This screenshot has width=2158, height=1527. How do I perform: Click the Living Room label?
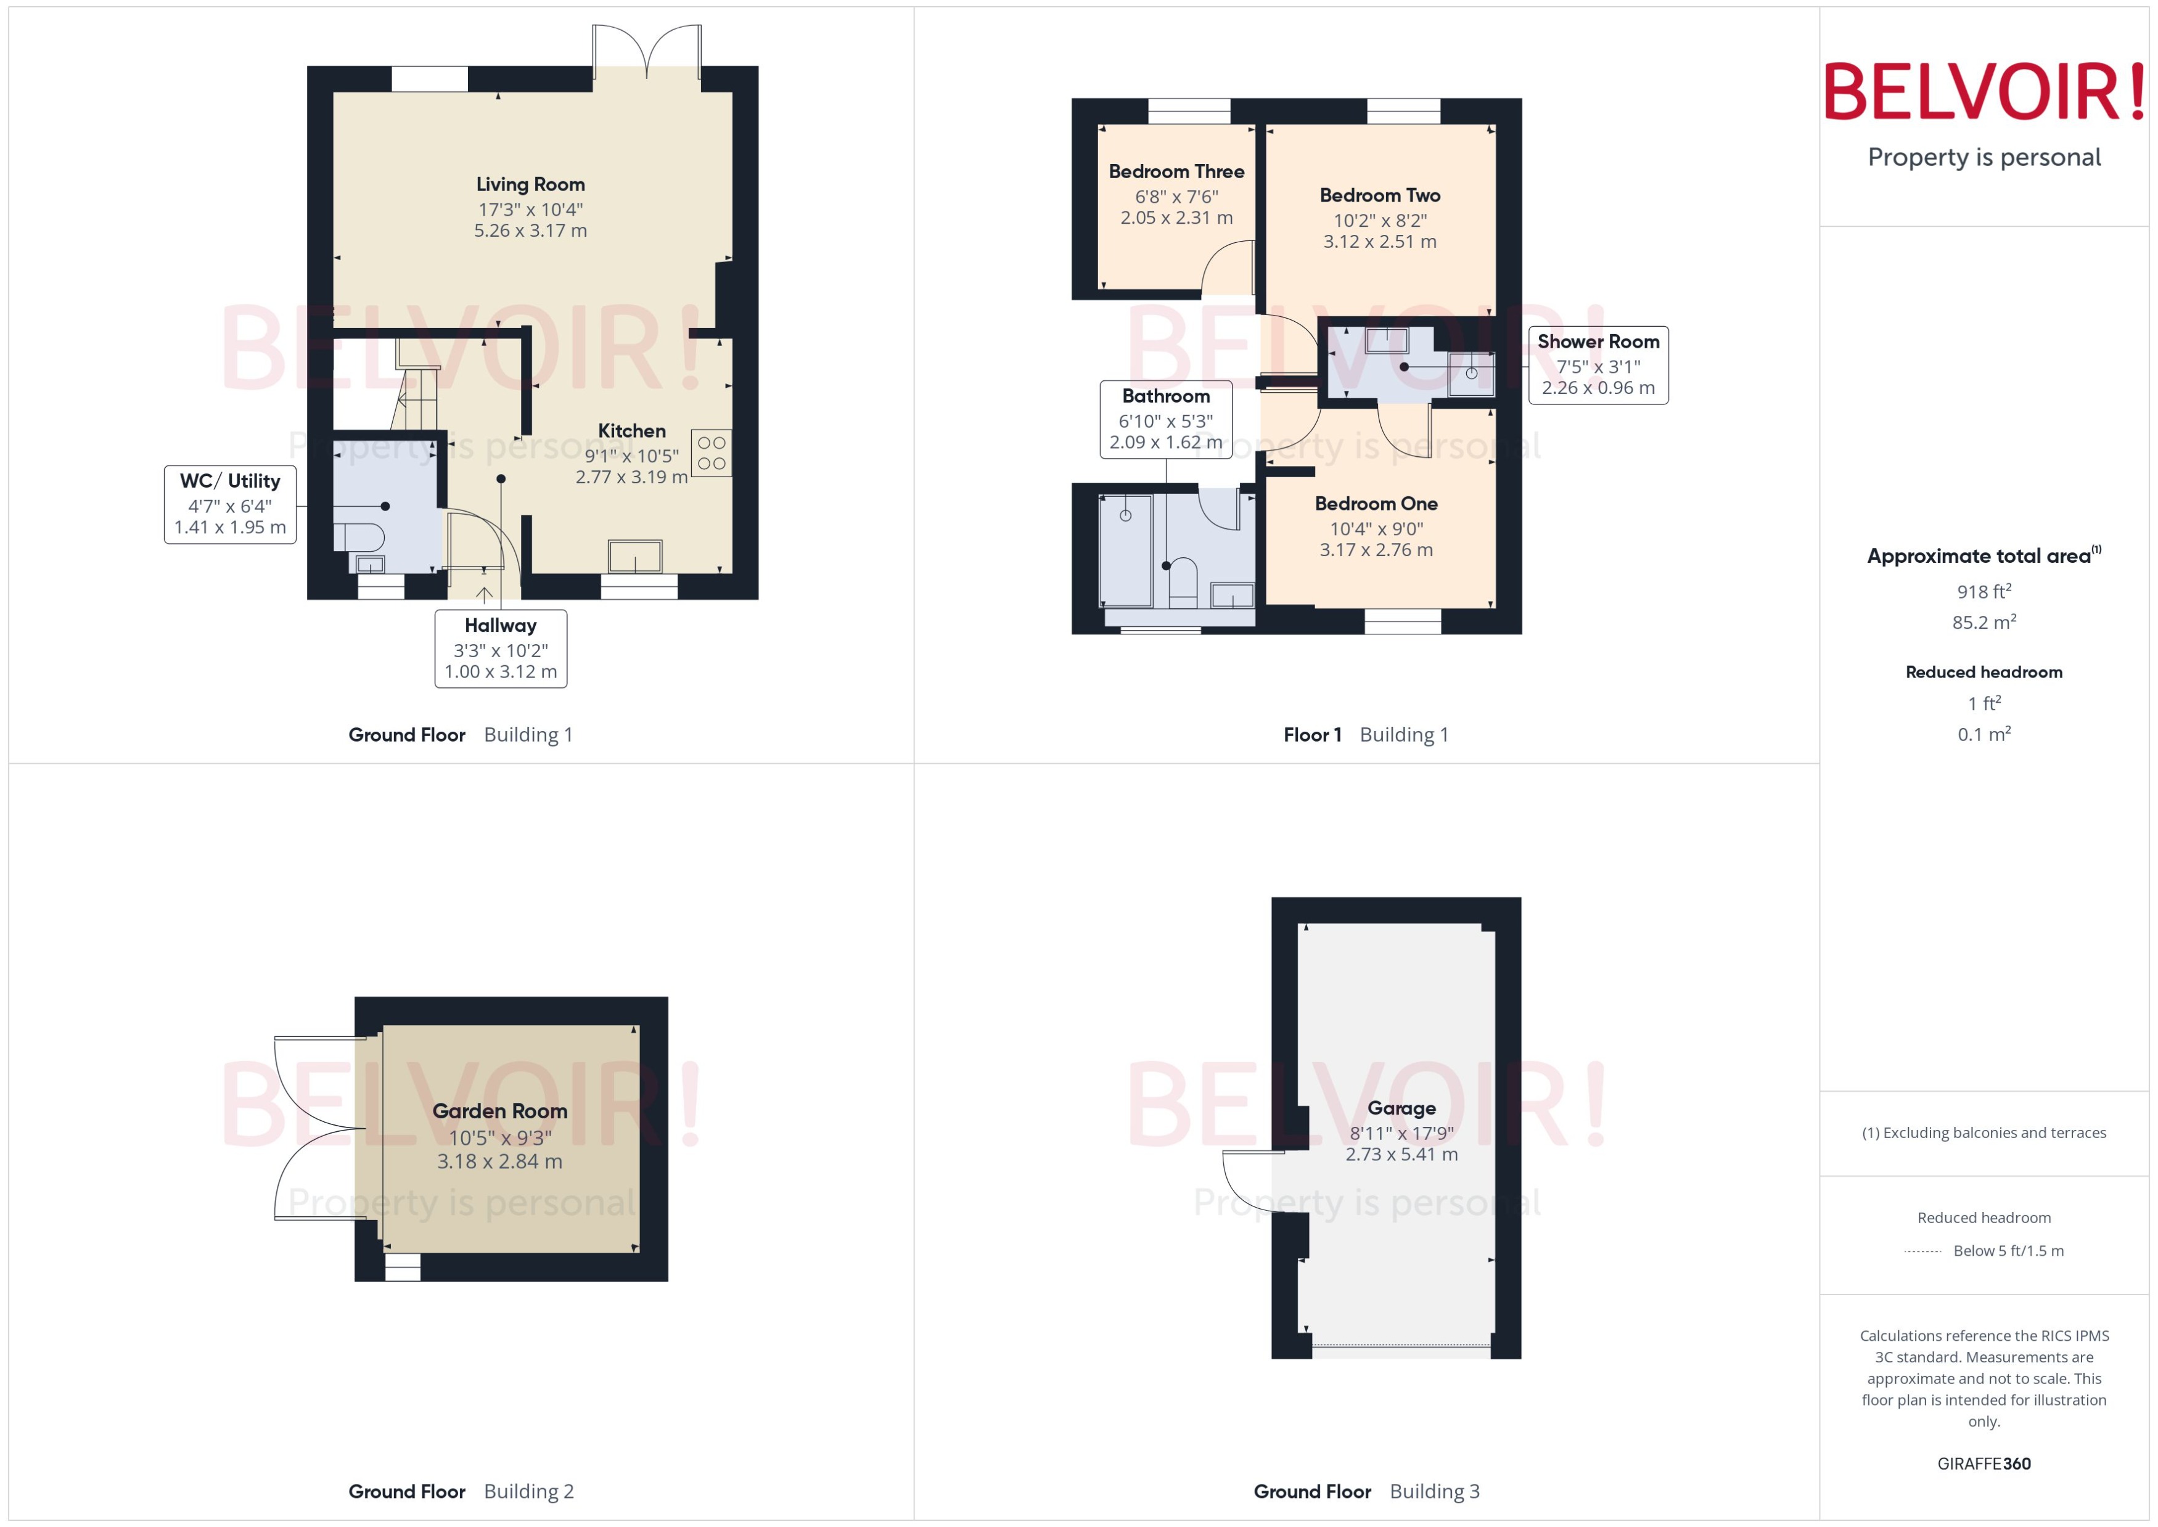[x=530, y=184]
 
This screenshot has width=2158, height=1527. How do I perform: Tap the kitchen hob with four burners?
[x=712, y=452]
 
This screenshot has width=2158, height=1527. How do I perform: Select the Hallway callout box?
[x=500, y=649]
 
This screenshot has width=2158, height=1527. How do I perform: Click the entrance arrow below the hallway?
[x=484, y=595]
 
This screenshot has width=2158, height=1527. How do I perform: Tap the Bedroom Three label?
[x=1176, y=172]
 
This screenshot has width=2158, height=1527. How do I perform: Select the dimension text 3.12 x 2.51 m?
[x=1379, y=242]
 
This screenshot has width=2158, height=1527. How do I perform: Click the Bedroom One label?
[x=1376, y=504]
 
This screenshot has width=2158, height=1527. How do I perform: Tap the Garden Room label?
[x=499, y=1111]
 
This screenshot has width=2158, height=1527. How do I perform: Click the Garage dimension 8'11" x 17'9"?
[x=1401, y=1133]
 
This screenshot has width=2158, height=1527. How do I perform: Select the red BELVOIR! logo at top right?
[x=1984, y=92]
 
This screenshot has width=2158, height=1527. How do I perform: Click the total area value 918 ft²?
[x=1984, y=591]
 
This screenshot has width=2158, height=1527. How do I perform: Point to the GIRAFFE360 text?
[x=1984, y=1464]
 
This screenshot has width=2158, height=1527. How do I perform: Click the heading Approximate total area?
[x=1979, y=557]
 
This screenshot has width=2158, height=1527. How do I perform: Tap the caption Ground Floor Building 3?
[x=1366, y=1492]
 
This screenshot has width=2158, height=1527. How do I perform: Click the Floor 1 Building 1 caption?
[x=1365, y=735]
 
